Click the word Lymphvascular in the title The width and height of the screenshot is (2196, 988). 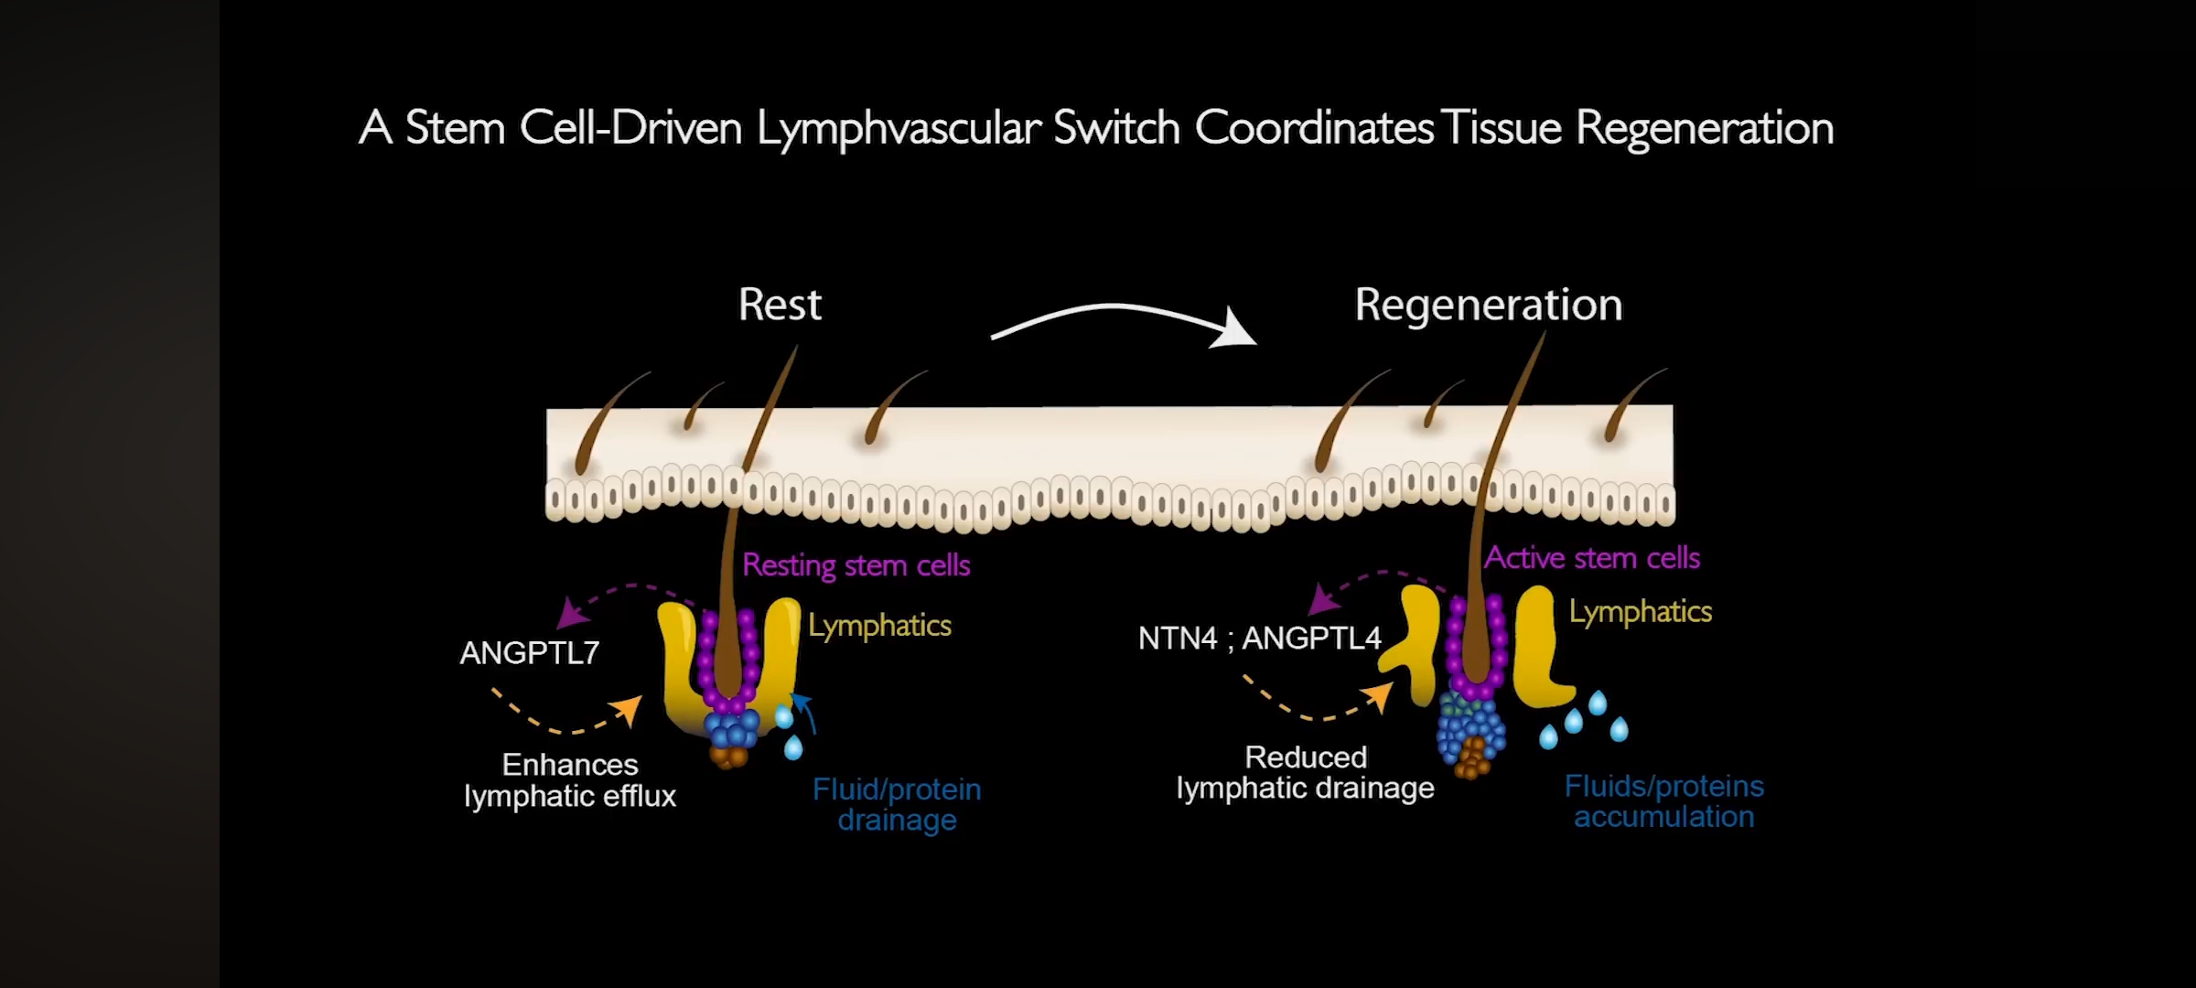898,129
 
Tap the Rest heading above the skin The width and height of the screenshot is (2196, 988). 780,305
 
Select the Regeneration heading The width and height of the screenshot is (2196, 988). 1488,305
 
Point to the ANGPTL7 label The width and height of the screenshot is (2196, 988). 529,653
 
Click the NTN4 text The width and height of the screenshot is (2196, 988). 1177,638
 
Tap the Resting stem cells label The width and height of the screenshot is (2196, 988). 856,565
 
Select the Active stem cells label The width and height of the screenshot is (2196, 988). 1591,558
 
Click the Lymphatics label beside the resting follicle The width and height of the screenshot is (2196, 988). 879,626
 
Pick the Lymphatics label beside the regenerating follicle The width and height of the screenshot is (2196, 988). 1640,611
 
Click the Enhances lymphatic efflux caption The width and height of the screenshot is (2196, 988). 569,780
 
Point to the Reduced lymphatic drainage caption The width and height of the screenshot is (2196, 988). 1305,773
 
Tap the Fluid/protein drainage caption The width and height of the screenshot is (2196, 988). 897,804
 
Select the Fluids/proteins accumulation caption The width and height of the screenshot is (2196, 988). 1663,801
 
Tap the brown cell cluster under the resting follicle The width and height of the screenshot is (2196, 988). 728,757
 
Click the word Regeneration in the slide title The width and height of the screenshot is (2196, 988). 1704,129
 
